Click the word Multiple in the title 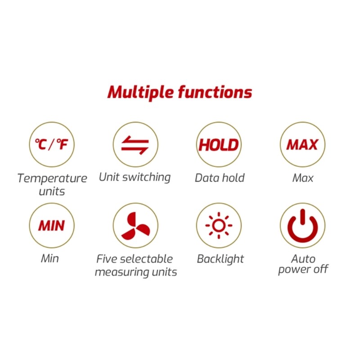(140, 92)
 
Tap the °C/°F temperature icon (52, 144)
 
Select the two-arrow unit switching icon (135, 144)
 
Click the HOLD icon (219, 144)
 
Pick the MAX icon (302, 144)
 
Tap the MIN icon (52, 225)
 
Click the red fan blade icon (135, 225)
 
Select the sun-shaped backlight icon (219, 225)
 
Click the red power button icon (302, 225)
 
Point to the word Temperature (52, 178)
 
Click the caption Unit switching (135, 177)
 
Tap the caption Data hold (220, 178)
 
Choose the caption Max (303, 178)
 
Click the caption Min (50, 259)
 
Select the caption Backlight (220, 259)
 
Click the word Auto (303, 259)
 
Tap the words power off (303, 270)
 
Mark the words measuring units (135, 272)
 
